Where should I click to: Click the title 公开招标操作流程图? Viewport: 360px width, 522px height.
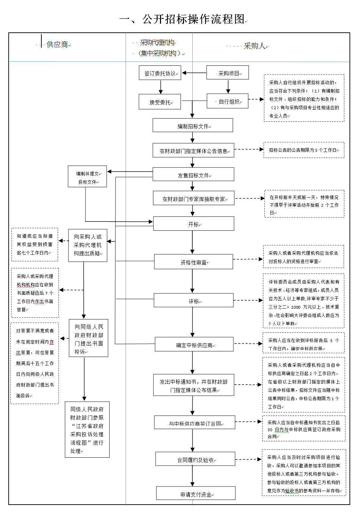[x=182, y=19]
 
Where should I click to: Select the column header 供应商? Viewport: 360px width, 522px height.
[x=57, y=45]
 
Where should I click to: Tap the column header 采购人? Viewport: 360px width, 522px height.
[x=255, y=46]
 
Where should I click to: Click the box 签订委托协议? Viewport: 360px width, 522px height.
[x=160, y=73]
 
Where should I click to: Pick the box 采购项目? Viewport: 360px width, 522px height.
[x=228, y=73]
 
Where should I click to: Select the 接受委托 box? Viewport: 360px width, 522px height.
[x=160, y=102]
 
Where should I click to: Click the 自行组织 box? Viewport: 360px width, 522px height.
[x=228, y=102]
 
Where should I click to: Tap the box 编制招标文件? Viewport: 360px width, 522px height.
[x=193, y=126]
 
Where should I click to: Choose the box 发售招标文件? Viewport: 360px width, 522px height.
[x=193, y=175]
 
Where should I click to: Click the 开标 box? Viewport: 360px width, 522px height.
[x=194, y=224]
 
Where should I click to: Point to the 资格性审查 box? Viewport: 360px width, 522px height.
[x=193, y=262]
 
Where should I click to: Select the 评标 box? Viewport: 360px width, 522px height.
[x=194, y=301]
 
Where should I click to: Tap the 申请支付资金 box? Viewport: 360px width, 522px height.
[x=196, y=494]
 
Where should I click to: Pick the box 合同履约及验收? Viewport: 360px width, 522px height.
[x=195, y=459]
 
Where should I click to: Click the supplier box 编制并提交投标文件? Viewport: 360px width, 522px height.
[x=87, y=177]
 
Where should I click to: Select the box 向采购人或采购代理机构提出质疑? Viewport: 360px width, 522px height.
[x=88, y=245]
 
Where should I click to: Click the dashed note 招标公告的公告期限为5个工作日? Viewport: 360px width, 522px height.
[x=304, y=150]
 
